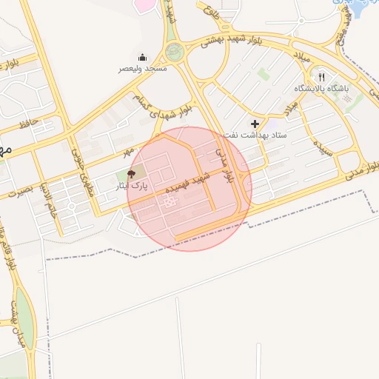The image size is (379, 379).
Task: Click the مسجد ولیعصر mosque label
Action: [144, 68]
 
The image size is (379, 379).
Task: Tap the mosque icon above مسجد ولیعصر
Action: [143, 57]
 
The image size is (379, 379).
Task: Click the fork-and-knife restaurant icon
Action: [321, 77]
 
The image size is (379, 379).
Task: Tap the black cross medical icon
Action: [255, 124]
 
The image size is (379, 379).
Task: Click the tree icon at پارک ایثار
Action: [132, 175]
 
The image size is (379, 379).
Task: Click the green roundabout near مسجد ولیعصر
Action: [175, 52]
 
